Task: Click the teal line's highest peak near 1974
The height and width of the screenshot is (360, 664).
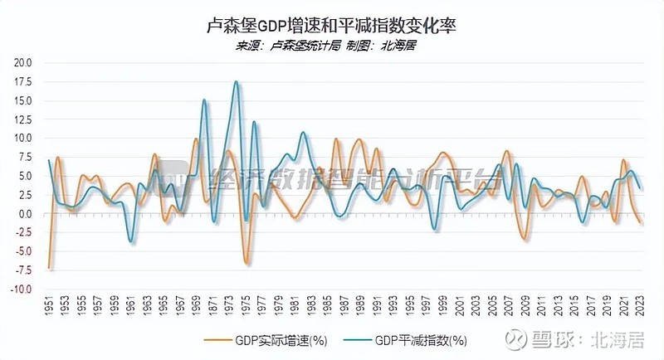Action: click(237, 81)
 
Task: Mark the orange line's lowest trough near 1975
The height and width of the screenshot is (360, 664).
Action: click(247, 264)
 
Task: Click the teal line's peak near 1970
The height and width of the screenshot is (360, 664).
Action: click(204, 100)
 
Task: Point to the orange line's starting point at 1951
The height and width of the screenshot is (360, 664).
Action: click(49, 268)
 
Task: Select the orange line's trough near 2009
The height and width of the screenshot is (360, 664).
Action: click(525, 240)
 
